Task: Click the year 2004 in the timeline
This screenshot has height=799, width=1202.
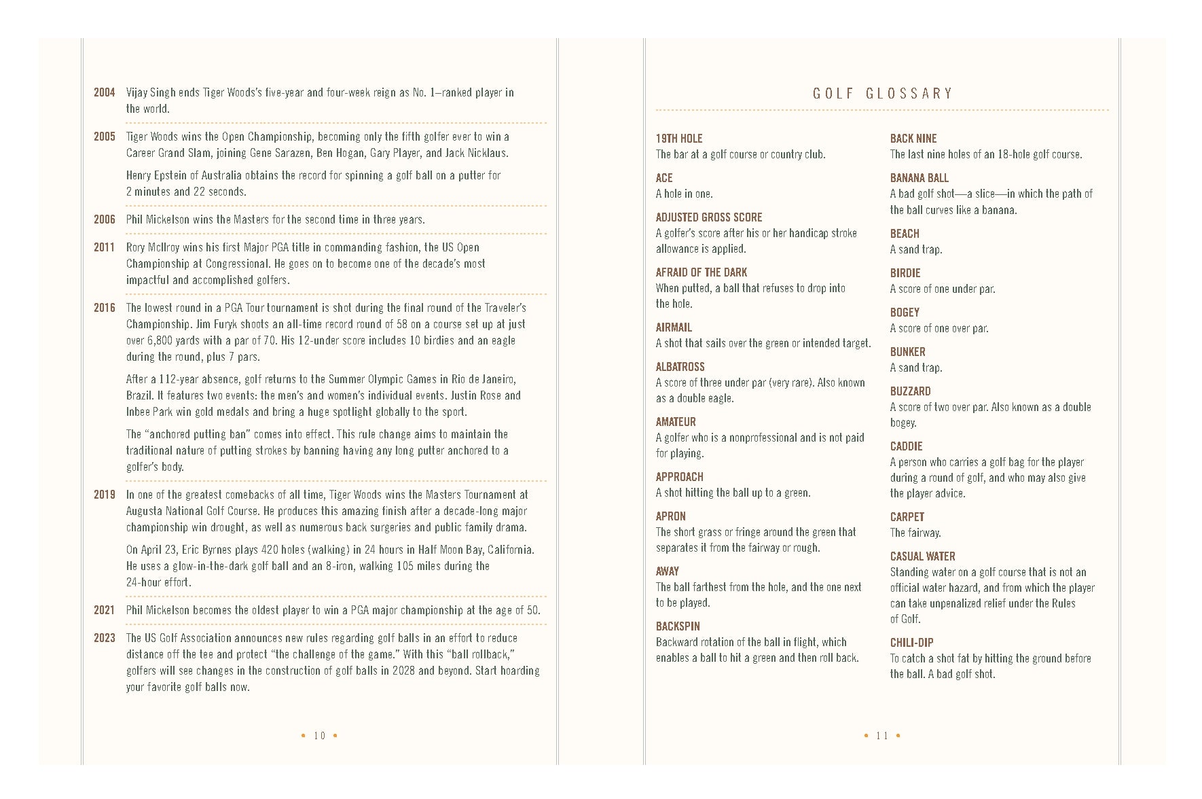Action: (105, 92)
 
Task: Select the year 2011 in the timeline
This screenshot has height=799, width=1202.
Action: (105, 247)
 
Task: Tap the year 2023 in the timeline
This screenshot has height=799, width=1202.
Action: (105, 638)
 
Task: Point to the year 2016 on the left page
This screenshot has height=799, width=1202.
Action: (105, 308)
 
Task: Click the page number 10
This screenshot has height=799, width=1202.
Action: (320, 736)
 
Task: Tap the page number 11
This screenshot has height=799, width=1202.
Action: (882, 736)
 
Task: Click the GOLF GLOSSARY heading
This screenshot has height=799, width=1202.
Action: (883, 94)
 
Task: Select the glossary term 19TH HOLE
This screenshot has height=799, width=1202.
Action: (679, 139)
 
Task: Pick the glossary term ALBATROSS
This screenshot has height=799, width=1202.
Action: (680, 367)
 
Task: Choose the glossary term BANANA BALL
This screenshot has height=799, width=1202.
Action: (919, 178)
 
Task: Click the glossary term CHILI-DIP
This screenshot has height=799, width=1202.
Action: (911, 643)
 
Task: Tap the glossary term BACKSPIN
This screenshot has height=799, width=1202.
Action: (678, 626)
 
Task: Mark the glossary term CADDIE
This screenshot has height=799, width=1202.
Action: (906, 446)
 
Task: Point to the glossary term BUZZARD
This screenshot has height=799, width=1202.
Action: (910, 391)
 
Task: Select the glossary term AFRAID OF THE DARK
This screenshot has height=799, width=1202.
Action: (701, 272)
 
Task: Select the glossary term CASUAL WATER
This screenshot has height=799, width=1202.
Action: (922, 556)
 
